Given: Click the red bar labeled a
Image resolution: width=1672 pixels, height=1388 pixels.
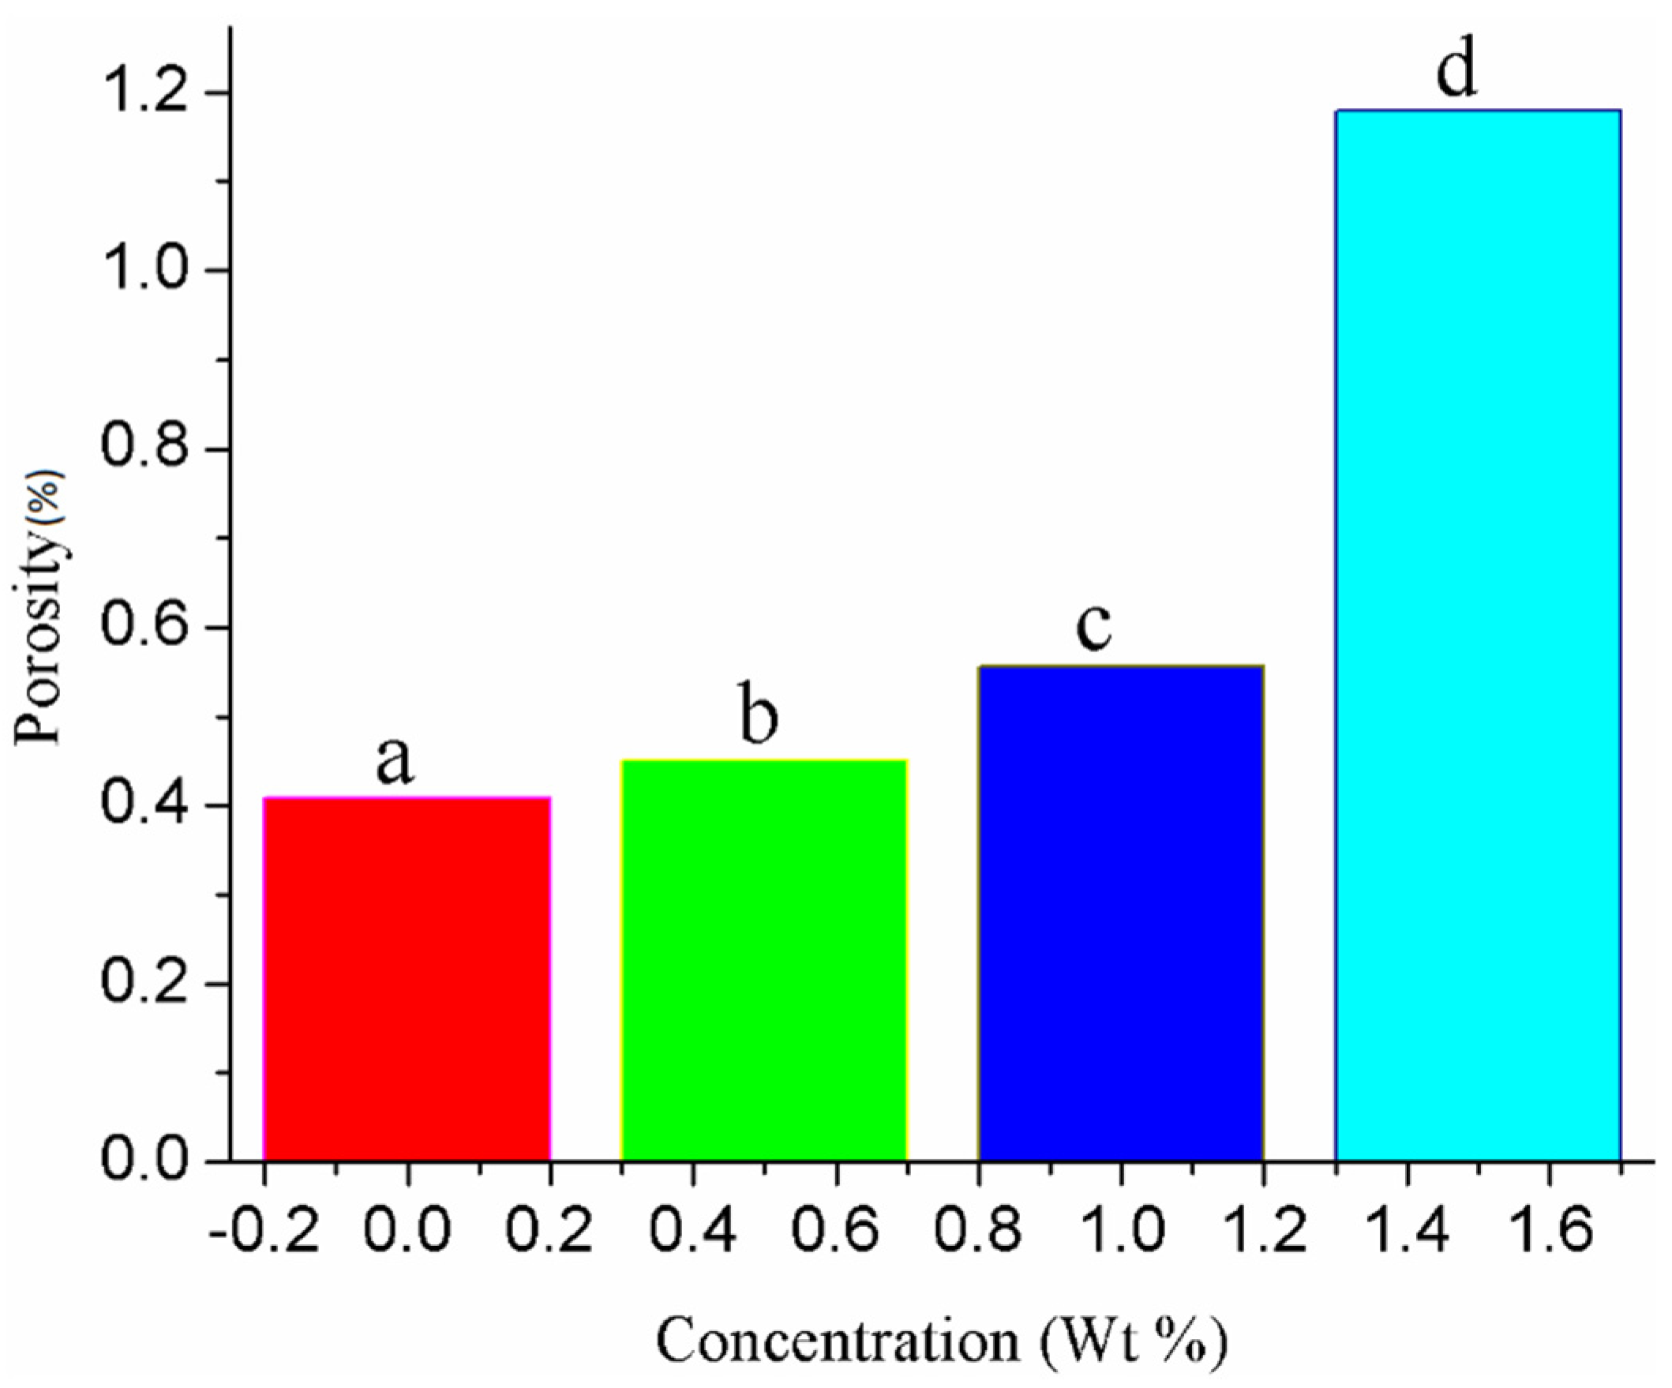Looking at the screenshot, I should point(406,980).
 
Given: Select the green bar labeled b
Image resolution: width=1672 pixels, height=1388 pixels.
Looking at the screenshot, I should point(763,959).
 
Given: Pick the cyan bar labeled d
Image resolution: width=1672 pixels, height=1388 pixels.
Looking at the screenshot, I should point(1478,637).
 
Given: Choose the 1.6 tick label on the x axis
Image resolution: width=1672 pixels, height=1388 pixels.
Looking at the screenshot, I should point(1550,1231).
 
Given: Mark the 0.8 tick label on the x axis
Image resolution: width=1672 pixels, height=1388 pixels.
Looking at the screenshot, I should point(978,1231).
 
